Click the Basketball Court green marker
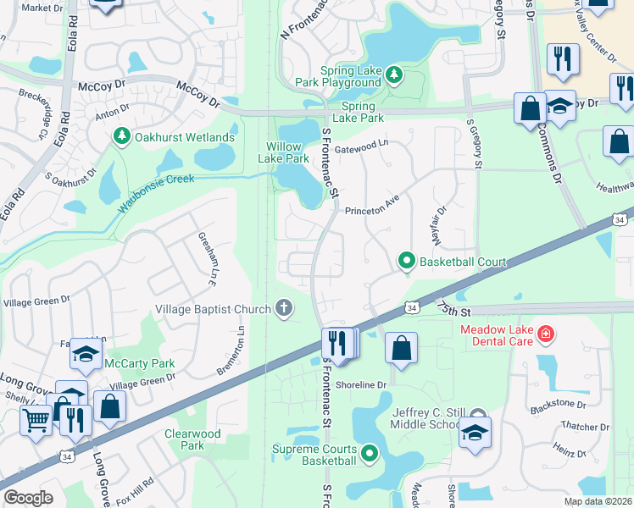point(407,262)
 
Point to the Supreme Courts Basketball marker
point(370,454)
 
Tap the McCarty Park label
point(139,364)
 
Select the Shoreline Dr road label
point(360,384)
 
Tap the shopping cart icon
point(36,418)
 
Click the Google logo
point(28,498)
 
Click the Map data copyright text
point(597,501)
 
